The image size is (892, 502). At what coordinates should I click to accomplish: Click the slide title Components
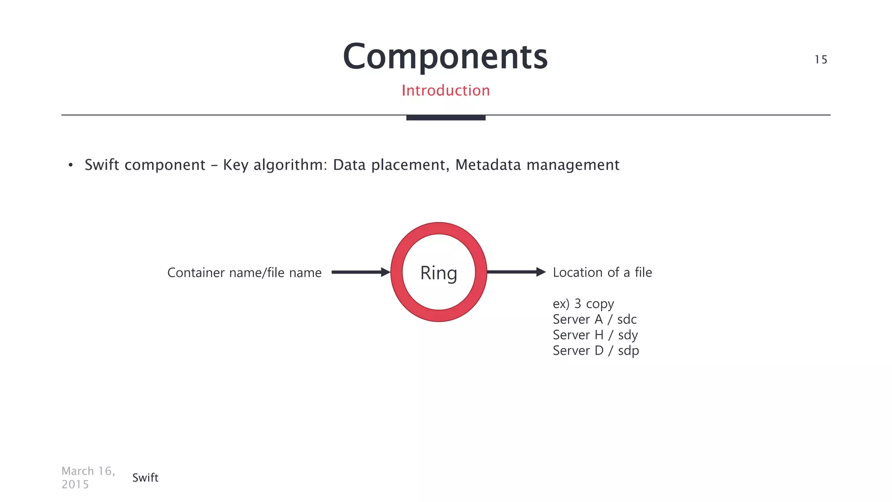point(445,57)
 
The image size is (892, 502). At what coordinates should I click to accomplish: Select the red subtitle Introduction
point(446,91)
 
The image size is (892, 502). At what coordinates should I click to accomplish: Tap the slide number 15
point(821,60)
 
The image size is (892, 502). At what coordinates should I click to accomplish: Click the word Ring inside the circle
point(439,273)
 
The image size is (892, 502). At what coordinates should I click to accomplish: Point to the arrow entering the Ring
point(360,272)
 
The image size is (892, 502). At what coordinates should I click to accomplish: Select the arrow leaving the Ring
point(516,272)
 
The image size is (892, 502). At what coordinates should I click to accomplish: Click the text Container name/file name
point(244,273)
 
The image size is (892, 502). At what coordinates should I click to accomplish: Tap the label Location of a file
point(602,272)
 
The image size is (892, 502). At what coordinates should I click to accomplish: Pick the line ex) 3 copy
point(583,304)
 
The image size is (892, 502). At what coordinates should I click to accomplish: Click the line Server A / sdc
point(595,319)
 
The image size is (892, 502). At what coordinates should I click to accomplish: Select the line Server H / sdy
point(595,335)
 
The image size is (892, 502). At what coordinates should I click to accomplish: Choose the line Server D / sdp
point(595,351)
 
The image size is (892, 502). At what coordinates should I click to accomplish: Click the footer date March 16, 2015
point(88,478)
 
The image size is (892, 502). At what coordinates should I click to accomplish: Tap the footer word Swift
point(145,478)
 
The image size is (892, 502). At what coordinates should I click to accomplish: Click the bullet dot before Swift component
point(71,165)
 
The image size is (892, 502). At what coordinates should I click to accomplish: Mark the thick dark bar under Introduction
point(446,118)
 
